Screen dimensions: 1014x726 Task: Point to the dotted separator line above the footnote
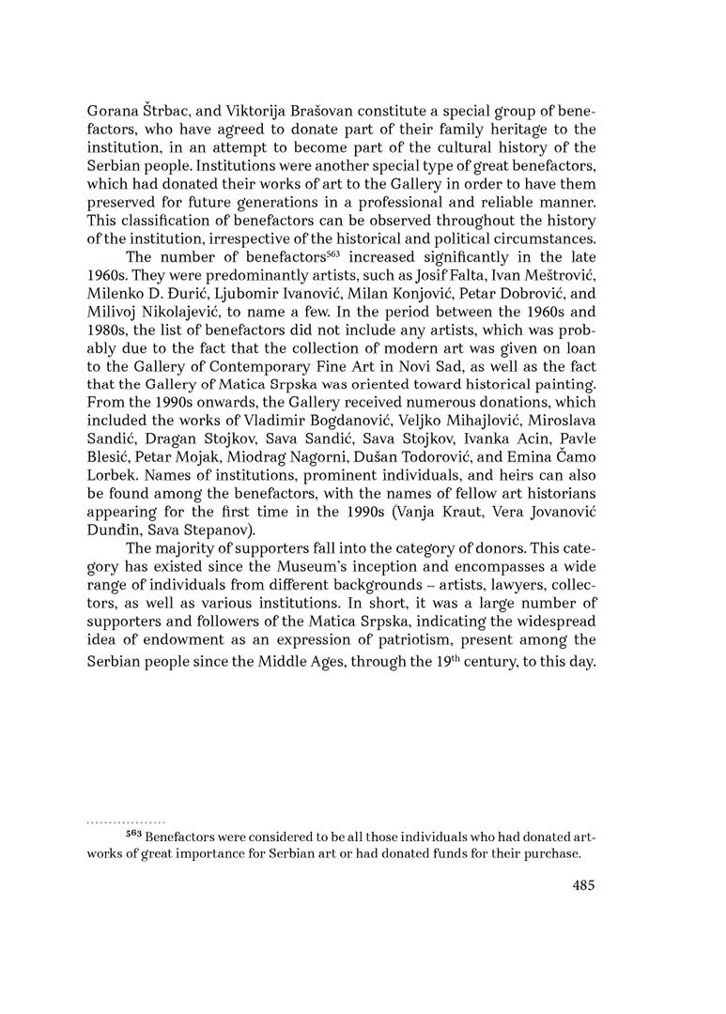[125, 821]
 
